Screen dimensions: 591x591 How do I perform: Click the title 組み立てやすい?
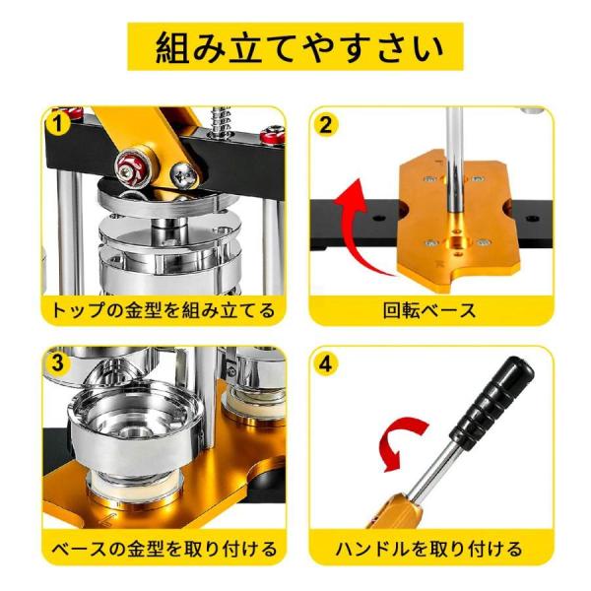[x=295, y=46]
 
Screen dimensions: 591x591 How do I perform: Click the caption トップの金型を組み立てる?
[x=164, y=311]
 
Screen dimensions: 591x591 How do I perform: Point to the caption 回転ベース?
[x=429, y=311]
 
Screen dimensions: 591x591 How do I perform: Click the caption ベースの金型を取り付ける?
[x=164, y=549]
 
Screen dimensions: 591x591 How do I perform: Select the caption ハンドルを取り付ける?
[x=429, y=549]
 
